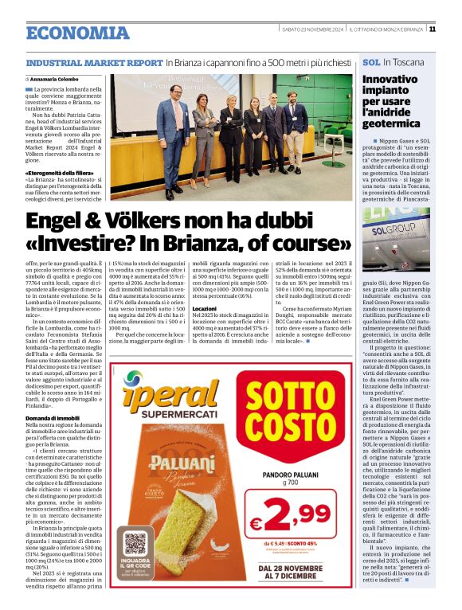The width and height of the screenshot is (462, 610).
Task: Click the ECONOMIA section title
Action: point(77,33)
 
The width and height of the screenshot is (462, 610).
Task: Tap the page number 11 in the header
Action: point(432,30)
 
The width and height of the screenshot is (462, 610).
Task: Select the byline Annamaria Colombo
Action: point(53,80)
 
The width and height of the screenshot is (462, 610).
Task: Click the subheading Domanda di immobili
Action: point(52,417)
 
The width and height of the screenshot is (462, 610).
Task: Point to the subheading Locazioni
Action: point(205,307)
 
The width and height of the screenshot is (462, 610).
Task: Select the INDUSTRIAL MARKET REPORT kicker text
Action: point(94,61)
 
